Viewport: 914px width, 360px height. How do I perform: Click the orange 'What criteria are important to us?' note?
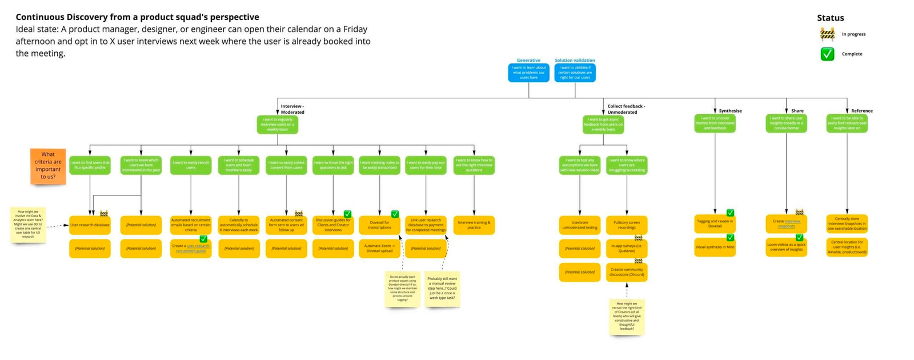(48, 166)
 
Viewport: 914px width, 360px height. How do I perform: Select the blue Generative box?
(528, 73)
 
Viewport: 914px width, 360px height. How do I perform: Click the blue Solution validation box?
(575, 73)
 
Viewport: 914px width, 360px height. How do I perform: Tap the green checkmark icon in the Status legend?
(827, 54)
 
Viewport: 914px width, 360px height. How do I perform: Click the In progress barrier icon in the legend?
(827, 34)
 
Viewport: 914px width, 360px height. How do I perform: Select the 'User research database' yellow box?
(90, 225)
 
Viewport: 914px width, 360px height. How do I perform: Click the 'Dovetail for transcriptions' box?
(379, 225)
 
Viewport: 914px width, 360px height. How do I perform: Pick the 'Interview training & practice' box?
(474, 225)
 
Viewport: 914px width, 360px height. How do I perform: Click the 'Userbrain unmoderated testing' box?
(580, 225)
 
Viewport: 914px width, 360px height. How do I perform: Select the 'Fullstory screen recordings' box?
(627, 225)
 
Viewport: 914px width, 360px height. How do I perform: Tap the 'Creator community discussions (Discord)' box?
(627, 272)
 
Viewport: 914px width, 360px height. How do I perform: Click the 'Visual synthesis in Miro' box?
(715, 247)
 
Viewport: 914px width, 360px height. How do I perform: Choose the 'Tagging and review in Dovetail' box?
(715, 223)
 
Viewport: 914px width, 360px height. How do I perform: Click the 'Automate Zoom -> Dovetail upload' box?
(379, 249)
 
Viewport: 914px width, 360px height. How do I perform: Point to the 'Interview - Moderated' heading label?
(292, 109)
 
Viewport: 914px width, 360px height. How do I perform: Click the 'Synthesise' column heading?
(730, 111)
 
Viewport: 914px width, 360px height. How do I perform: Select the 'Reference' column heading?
(861, 111)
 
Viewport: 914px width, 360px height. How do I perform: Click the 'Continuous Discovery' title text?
(137, 17)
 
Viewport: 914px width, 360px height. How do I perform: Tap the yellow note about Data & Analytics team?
(28, 225)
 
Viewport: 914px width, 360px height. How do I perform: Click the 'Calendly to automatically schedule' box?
(239, 225)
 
